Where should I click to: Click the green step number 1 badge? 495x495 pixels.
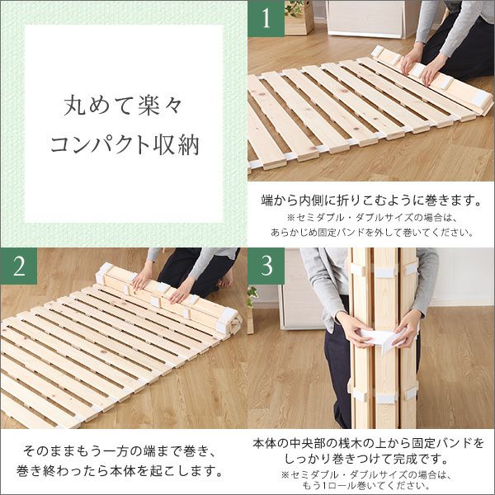pyautogui.click(x=266, y=18)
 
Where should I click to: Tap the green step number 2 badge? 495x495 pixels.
pyautogui.click(x=18, y=266)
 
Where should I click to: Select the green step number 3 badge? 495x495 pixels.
pyautogui.click(x=266, y=266)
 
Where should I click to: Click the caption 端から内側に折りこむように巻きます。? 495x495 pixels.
pyautogui.click(x=370, y=200)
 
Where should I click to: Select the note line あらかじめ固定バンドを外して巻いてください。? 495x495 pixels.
pyautogui.click(x=370, y=232)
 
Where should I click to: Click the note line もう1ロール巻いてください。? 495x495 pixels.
pyautogui.click(x=370, y=487)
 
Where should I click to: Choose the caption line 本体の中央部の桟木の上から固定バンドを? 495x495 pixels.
pyautogui.click(x=370, y=443)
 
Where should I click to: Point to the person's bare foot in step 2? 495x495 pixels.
pyautogui.click(x=224, y=281)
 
